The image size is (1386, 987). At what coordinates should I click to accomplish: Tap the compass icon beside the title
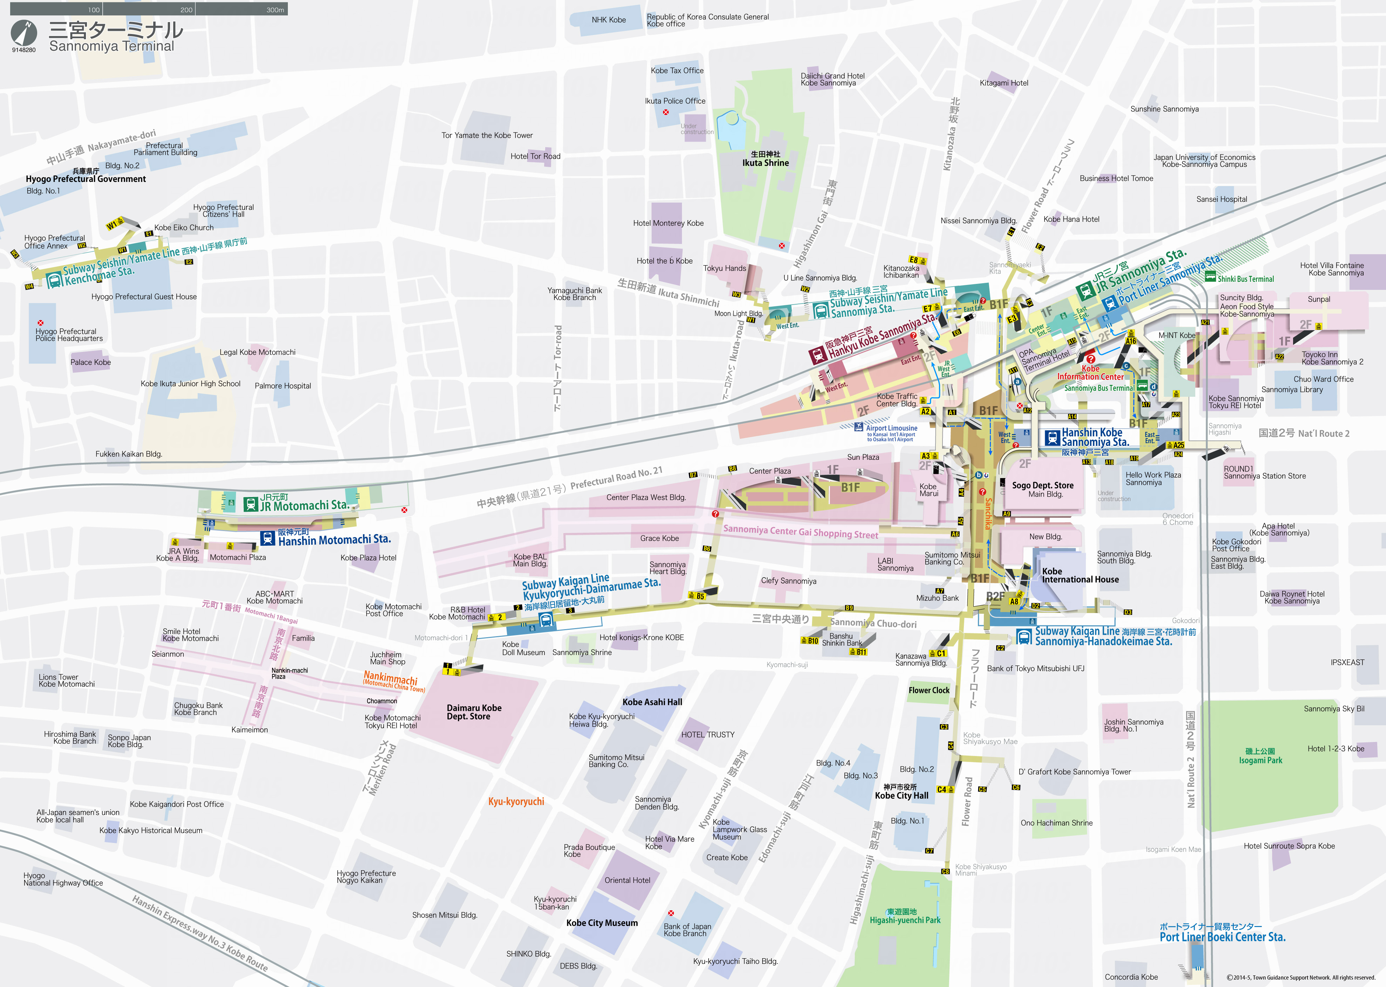click(24, 33)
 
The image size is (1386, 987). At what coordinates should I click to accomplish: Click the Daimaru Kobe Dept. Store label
click(474, 712)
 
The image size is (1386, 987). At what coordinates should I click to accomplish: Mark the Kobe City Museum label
click(602, 923)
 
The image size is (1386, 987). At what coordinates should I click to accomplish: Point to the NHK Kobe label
click(609, 20)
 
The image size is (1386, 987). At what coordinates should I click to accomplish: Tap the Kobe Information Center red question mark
click(1090, 359)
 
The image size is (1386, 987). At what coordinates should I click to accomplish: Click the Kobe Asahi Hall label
click(652, 702)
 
